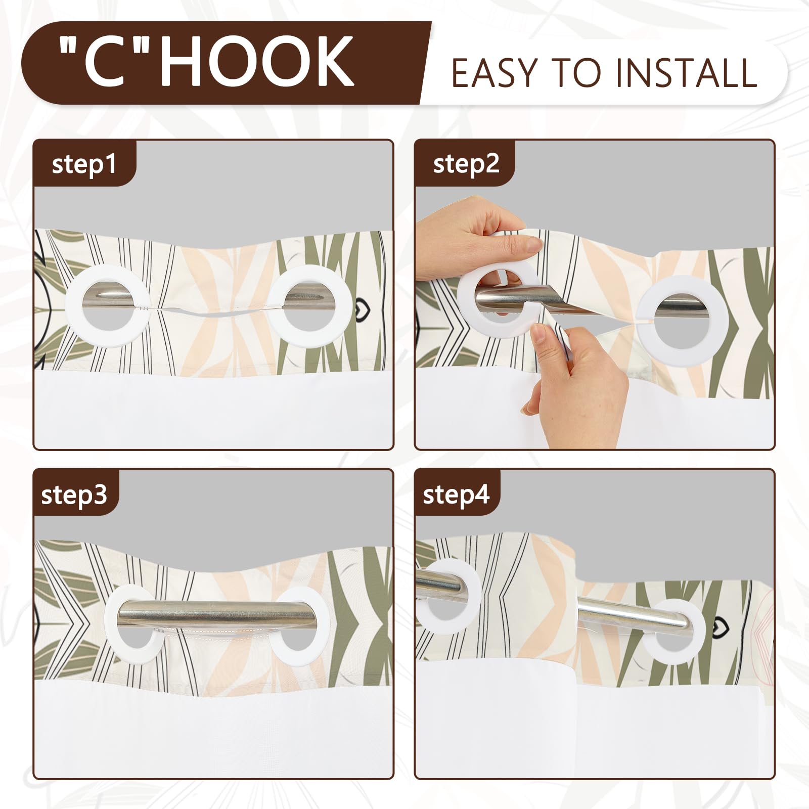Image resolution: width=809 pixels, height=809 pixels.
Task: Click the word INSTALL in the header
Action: (x=686, y=73)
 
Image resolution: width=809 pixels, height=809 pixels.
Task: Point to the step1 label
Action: (x=83, y=165)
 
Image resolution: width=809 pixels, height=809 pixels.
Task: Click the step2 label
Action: (x=466, y=164)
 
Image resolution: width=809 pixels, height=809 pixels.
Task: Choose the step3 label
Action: (x=74, y=494)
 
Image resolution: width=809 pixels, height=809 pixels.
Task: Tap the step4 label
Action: (x=456, y=494)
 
